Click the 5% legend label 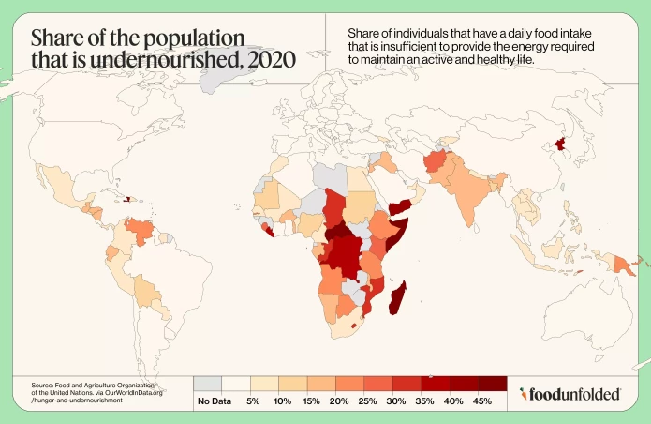tap(253, 401)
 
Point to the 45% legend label tap(482, 401)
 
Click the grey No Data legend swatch tap(208, 384)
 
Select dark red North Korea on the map tap(561, 144)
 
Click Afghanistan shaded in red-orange tap(436, 165)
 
